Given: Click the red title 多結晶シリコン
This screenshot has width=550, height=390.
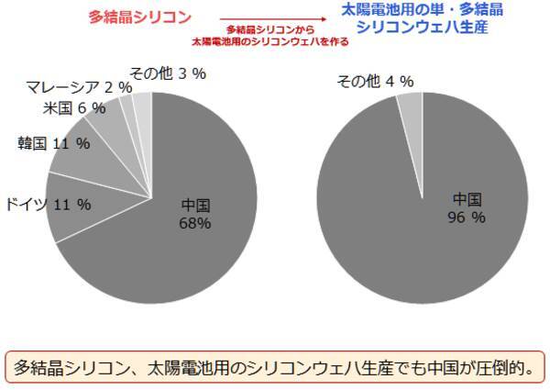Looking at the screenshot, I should pos(140,17).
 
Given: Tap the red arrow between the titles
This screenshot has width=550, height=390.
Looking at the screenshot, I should pos(274,18).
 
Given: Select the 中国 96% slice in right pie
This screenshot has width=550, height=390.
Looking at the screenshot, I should pos(440,220).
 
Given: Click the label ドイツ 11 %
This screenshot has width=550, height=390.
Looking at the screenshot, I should pos(48,204).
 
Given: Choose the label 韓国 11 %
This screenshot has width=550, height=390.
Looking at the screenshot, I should pos(53,143).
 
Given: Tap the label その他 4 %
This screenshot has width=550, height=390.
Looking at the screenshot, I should pos(375,82).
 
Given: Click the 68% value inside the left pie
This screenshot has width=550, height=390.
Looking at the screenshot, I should pos(195,223).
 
